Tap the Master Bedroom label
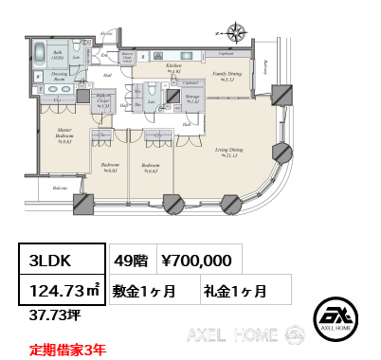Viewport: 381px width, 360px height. pos(63,134)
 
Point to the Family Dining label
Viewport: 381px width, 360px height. pos(225,77)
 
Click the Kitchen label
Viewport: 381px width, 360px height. pos(174,68)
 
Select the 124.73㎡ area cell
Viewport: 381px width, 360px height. pos(64,288)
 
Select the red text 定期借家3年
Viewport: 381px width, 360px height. pos(67,348)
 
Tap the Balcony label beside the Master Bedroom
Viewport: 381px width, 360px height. pos(60,189)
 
